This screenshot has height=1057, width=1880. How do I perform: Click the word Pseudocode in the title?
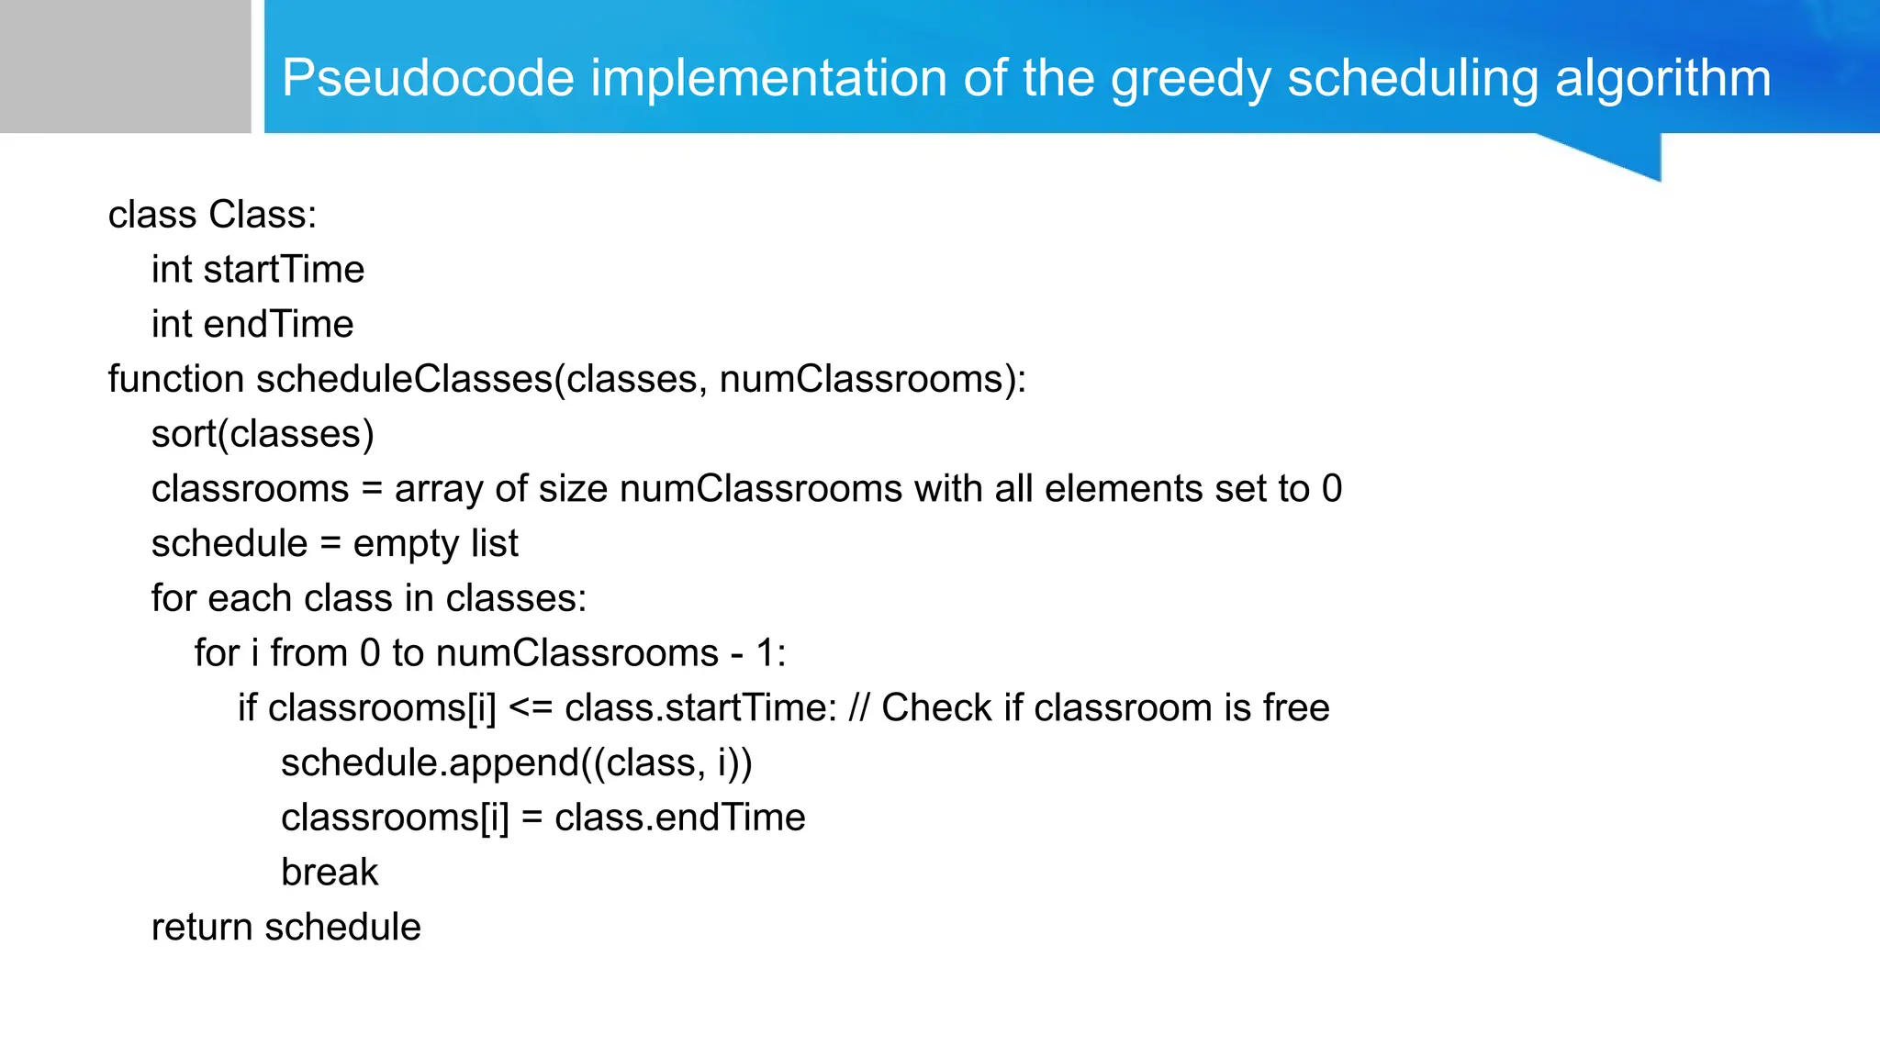428,78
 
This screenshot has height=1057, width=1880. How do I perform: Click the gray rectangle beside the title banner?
125,66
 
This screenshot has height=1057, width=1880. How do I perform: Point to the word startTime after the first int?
284,270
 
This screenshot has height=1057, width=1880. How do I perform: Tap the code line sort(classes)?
263,434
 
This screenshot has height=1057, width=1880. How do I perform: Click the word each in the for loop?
250,598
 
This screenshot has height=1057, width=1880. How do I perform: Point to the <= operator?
530,708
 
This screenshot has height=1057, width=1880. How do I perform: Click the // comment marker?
859,708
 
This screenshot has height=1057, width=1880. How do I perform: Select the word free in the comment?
1295,708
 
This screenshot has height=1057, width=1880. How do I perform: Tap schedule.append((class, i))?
516,763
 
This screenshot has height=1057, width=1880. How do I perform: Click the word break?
330,873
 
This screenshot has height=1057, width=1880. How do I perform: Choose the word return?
202,928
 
